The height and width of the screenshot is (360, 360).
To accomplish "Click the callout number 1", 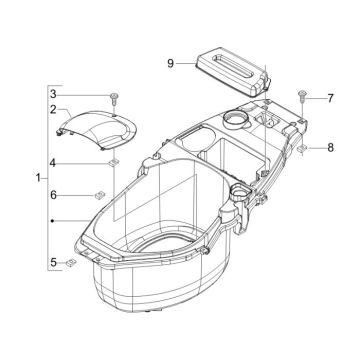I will (38, 177).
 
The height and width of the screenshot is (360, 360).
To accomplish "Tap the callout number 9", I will (171, 62).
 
